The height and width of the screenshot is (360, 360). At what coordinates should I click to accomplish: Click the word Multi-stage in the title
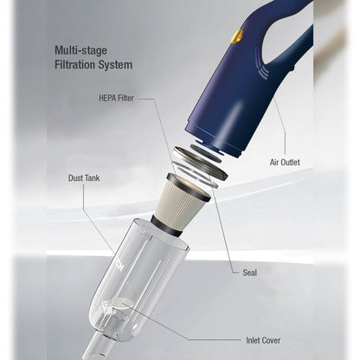tap(80, 50)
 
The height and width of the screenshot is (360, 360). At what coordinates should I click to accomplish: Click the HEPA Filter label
tap(116, 98)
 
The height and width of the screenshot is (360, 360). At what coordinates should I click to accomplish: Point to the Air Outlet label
tap(285, 163)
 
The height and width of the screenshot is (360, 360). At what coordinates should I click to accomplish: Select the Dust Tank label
tap(84, 178)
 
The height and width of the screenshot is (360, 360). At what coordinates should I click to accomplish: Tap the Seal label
tap(249, 273)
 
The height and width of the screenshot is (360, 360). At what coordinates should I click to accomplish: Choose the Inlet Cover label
tap(263, 340)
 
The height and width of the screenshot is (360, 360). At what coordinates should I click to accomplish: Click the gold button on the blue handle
tap(237, 36)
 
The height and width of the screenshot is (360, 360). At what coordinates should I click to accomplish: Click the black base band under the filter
tap(167, 227)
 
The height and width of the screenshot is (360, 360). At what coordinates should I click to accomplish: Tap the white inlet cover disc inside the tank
tap(123, 304)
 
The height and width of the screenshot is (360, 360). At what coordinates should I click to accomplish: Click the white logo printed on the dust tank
tap(119, 265)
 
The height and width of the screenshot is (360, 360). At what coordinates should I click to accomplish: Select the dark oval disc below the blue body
tap(206, 153)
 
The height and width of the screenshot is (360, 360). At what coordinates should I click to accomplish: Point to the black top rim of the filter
tap(190, 188)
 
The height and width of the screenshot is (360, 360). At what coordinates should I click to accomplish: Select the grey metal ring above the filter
tap(201, 163)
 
